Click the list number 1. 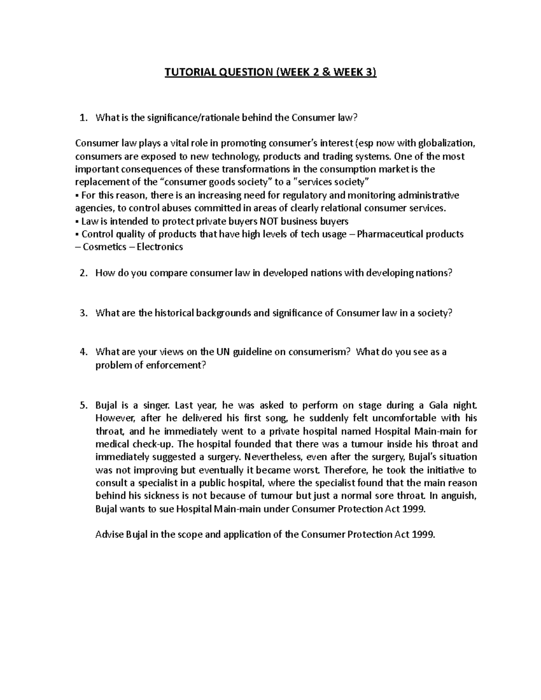coord(82,118)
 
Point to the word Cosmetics coord(104,247)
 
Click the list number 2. coord(82,273)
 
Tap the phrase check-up coord(149,444)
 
